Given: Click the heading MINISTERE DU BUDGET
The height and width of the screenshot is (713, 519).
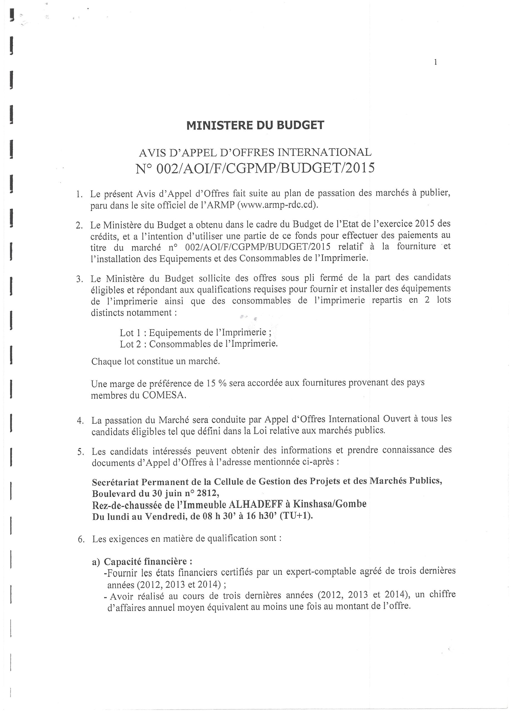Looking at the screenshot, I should [x=255, y=125].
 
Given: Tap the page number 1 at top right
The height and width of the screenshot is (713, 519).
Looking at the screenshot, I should [x=435, y=62].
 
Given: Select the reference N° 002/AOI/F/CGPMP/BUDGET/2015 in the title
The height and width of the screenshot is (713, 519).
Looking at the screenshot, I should [x=255, y=168].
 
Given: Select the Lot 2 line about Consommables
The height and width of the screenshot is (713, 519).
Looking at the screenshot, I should [x=198, y=344].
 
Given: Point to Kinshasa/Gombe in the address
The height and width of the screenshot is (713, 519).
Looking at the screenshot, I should [x=330, y=504].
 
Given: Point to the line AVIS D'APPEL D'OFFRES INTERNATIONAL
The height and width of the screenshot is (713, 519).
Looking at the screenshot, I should [x=255, y=152].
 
